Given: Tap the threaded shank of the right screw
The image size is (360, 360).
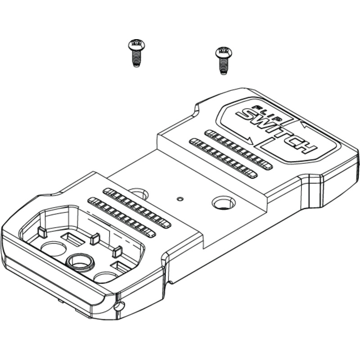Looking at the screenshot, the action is click(223, 66).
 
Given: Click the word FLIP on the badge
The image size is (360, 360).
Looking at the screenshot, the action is click(267, 113).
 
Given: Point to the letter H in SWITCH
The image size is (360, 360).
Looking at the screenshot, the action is click(306, 147).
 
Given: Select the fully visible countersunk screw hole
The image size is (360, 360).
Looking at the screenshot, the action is click(224, 202).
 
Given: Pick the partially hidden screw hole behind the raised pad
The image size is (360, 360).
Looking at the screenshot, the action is click(139, 193).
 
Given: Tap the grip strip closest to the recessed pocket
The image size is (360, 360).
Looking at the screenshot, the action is click(121, 217).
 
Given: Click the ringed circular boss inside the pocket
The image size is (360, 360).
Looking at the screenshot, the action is click(80, 262).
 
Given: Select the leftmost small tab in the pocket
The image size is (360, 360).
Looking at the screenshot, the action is click(42, 232).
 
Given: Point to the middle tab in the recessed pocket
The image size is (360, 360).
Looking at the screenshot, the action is click(95, 239).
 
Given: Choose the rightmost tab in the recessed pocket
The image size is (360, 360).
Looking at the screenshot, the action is click(117, 252).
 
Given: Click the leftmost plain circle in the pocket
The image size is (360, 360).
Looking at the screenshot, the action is click(54, 249).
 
